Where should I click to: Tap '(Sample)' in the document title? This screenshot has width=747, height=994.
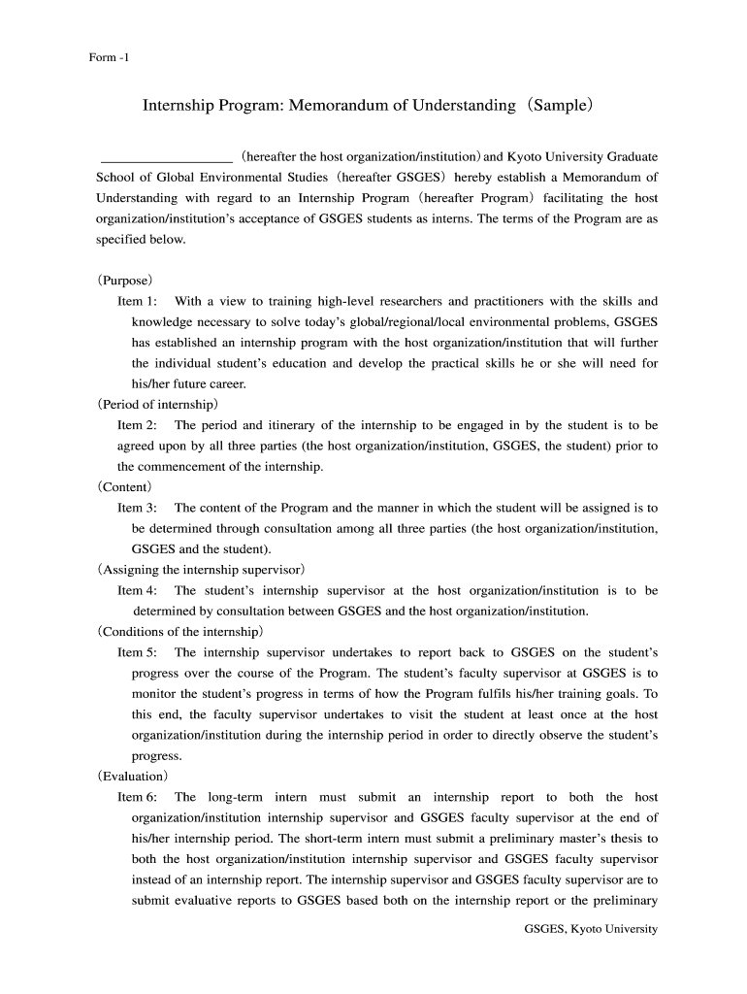tap(558, 104)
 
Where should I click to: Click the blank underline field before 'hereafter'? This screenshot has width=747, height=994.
tap(166, 156)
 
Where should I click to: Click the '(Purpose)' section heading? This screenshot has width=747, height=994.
tap(125, 280)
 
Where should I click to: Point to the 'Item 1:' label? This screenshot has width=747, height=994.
tap(138, 302)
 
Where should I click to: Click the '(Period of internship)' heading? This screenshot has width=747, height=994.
tap(157, 404)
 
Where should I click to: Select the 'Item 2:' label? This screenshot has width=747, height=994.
tap(138, 425)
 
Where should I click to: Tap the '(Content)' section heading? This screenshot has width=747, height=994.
tap(124, 486)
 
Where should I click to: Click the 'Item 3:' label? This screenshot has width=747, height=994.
tap(138, 508)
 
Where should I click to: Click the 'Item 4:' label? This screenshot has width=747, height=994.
tap(138, 590)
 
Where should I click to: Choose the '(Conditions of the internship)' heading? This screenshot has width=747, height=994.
tap(179, 631)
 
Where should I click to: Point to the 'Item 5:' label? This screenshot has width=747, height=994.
tap(138, 652)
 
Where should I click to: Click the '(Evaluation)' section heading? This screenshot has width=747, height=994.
tap(133, 777)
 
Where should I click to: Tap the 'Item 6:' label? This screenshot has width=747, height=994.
tap(138, 797)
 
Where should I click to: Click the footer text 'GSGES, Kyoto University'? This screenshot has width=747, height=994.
tap(591, 929)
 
